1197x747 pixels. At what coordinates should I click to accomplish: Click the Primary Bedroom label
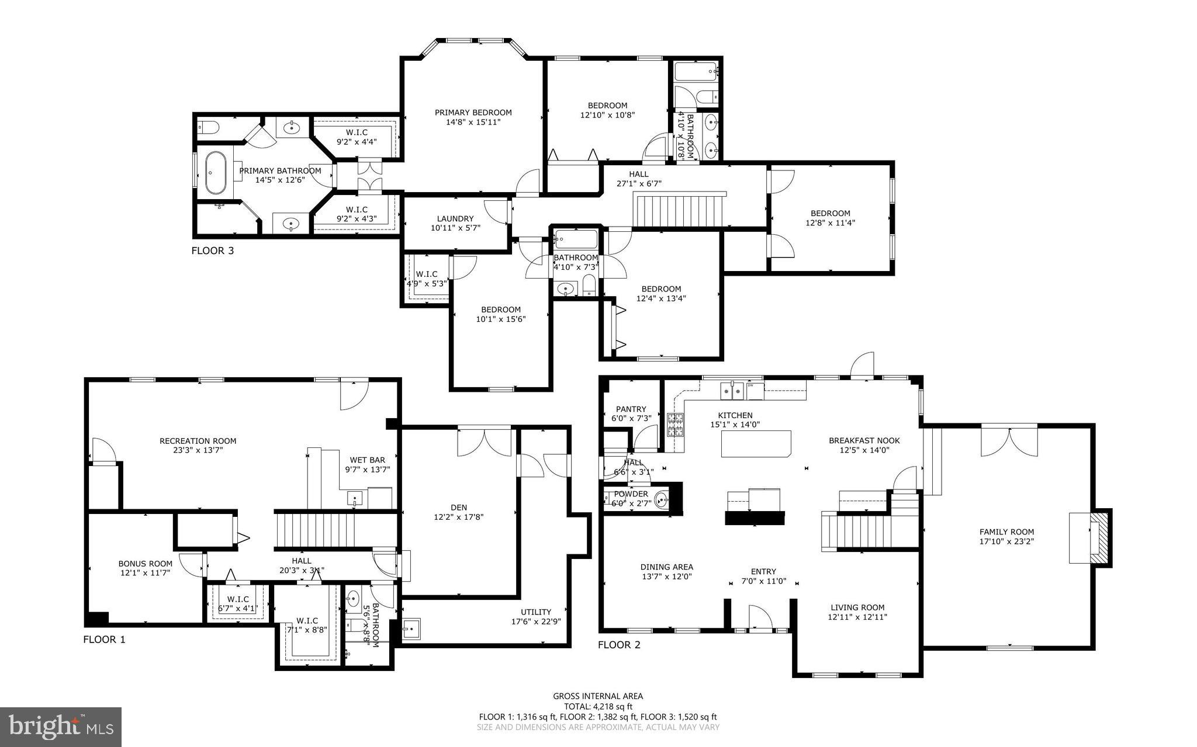tap(473, 113)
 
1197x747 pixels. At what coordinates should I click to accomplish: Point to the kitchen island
tap(756, 444)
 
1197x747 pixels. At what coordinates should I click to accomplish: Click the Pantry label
tap(631, 409)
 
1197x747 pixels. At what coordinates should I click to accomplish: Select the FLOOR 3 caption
tap(213, 251)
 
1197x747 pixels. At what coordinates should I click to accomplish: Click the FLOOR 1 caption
tap(104, 640)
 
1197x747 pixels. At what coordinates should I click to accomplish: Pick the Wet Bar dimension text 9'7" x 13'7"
tap(367, 469)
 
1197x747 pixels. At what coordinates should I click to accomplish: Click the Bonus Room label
tap(145, 564)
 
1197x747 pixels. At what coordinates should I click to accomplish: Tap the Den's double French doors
tap(484, 442)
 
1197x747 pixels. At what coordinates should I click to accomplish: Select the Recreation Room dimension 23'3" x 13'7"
tap(198, 450)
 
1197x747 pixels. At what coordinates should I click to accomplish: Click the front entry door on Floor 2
tap(760, 619)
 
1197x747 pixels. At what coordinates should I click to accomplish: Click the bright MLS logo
tap(61, 727)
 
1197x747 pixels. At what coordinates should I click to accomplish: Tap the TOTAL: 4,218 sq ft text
tap(598, 706)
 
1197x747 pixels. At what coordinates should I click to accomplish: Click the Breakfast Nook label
tap(864, 440)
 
